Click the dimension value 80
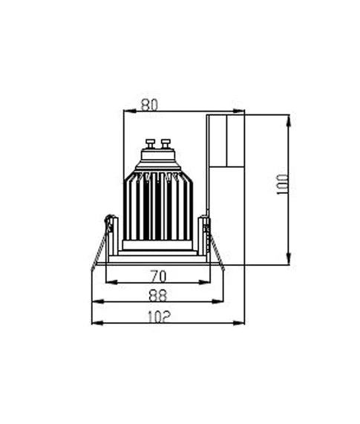click(149, 105)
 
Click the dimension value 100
click(282, 184)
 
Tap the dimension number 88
click(157, 295)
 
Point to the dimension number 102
click(157, 316)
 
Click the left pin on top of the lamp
click(150, 143)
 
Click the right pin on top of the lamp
click(166, 143)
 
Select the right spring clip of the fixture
click(215, 245)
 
